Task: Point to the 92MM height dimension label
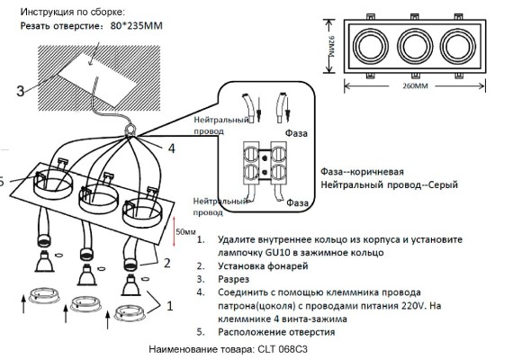(x=331, y=48)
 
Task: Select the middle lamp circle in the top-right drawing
(x=415, y=45)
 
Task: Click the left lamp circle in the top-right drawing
(x=370, y=45)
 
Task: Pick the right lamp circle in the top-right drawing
(x=459, y=45)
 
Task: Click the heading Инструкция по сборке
(x=72, y=11)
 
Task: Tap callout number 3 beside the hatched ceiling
(x=19, y=90)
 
